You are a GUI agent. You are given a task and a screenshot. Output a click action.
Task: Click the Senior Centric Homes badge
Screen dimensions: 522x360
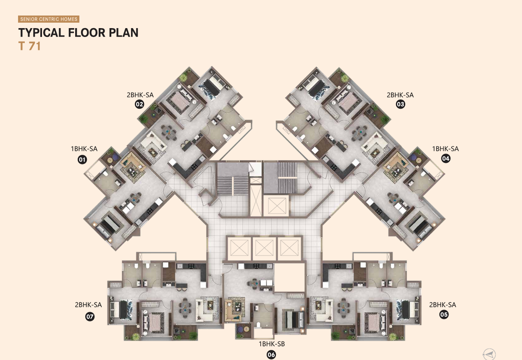[x=49, y=19]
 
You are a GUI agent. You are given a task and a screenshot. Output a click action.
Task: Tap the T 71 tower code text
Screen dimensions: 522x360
[x=29, y=46]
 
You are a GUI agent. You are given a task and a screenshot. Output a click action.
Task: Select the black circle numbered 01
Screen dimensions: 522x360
[x=82, y=160]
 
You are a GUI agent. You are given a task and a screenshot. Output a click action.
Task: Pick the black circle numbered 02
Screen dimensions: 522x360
[x=139, y=104]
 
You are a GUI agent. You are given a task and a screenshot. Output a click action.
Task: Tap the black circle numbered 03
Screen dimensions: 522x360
[x=400, y=104]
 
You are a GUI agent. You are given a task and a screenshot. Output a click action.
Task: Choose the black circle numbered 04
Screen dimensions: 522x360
[x=446, y=159]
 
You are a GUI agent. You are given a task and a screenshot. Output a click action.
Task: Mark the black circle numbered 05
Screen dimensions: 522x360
[x=444, y=315]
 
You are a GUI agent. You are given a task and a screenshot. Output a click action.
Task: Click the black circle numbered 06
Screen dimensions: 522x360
[x=271, y=355]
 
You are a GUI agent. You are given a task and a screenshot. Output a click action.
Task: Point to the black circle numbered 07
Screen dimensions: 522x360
[x=90, y=317]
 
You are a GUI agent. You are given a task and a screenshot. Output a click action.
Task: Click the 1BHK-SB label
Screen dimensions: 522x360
[x=272, y=344]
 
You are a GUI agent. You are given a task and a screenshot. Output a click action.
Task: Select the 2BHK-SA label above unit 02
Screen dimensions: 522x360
[x=140, y=95]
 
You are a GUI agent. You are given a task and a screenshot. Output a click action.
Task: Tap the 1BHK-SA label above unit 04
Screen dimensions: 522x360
[x=445, y=149]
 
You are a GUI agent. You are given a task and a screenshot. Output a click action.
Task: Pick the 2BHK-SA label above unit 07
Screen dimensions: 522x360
[x=88, y=305]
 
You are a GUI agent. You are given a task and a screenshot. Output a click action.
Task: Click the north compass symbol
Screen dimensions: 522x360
[x=489, y=354]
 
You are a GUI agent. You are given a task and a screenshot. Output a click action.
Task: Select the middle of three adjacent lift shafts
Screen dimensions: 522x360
[x=264, y=248]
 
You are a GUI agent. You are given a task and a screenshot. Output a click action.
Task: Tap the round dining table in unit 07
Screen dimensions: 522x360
[x=185, y=308]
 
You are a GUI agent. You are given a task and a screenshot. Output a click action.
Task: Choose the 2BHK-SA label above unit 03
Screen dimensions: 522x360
[x=400, y=95]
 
